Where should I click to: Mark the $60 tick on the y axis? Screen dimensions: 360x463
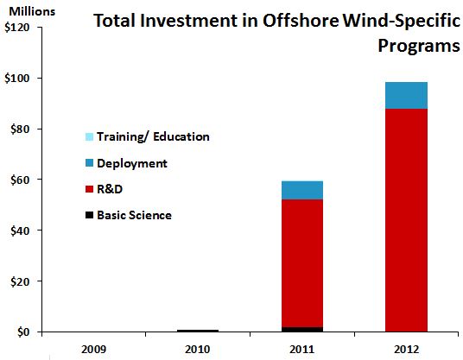[20, 180]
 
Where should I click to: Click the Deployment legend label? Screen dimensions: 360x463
[131, 162]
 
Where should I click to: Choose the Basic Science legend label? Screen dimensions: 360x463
[134, 214]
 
